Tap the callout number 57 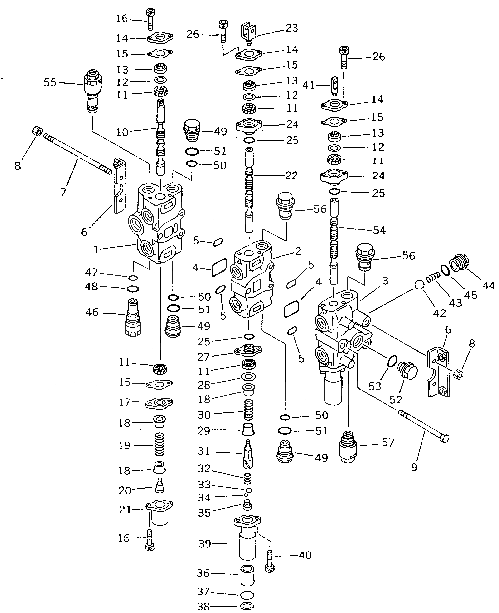(x=388, y=443)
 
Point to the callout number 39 (x=205, y=544)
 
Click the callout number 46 (x=92, y=312)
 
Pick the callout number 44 (x=488, y=286)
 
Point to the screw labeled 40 (x=270, y=561)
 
